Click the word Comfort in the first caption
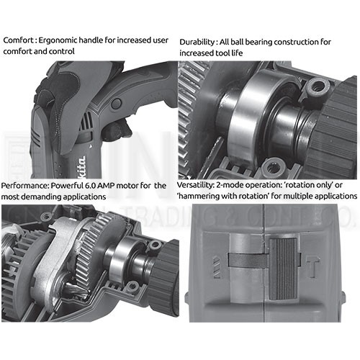click(18, 40)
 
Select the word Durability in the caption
click(197, 42)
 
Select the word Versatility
click(195, 185)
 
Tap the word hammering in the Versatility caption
click(198, 197)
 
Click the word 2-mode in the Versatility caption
click(228, 185)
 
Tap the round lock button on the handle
click(117, 104)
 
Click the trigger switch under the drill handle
click(118, 130)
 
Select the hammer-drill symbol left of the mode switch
click(217, 267)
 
